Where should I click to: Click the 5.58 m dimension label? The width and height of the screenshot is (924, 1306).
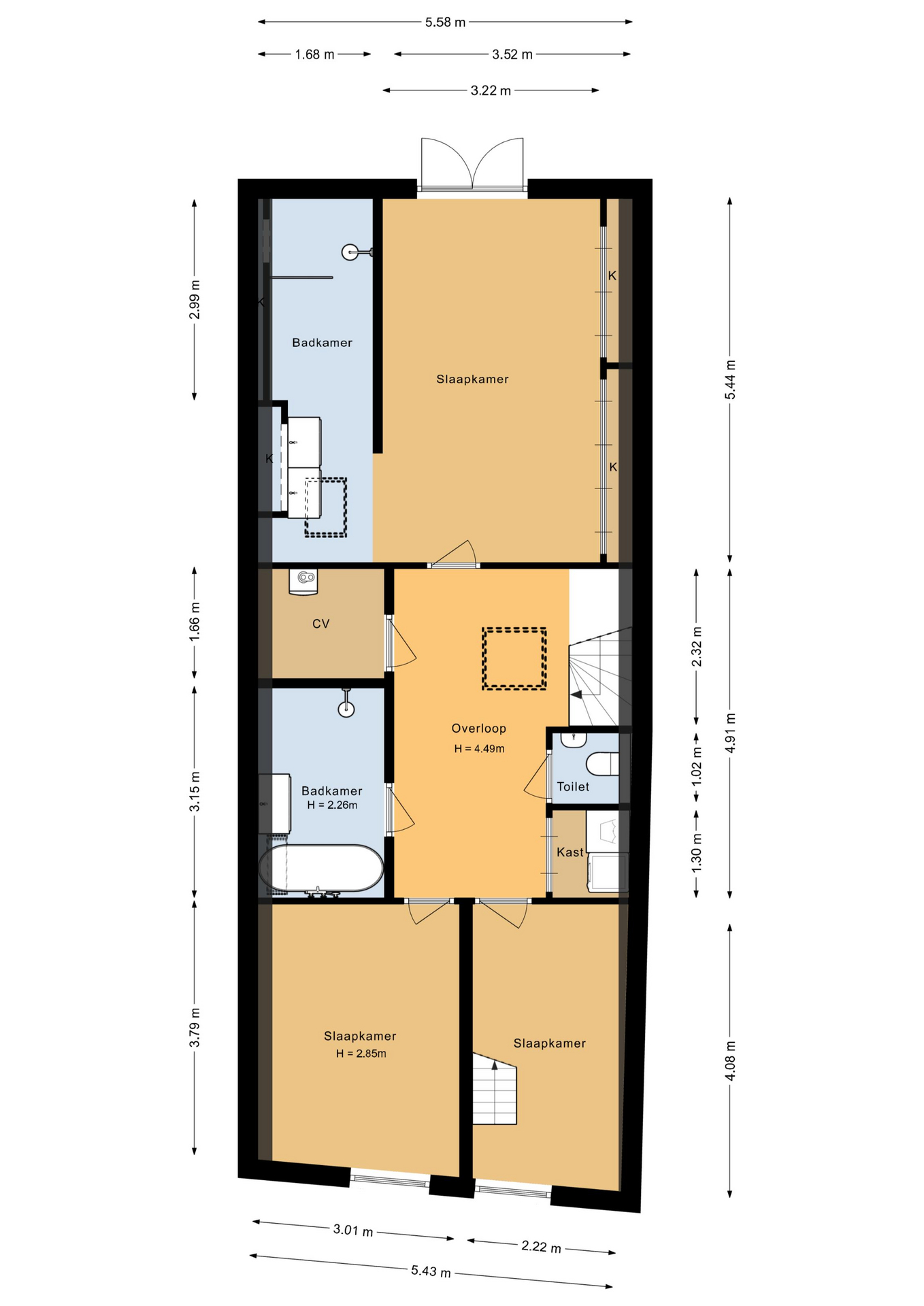click(x=445, y=22)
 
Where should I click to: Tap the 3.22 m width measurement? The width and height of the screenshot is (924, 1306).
click(x=491, y=90)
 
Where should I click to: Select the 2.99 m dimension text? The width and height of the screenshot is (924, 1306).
click(x=195, y=300)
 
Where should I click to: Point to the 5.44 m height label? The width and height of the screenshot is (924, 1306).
click(x=730, y=380)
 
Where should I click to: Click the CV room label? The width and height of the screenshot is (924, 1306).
click(x=321, y=624)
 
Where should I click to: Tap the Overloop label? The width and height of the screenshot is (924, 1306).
click(x=479, y=729)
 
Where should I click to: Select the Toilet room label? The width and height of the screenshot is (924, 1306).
click(x=573, y=786)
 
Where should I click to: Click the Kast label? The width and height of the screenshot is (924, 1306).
click(x=570, y=852)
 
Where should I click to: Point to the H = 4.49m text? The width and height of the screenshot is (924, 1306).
click(x=480, y=749)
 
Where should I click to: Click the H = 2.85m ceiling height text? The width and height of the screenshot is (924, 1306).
click(x=361, y=1054)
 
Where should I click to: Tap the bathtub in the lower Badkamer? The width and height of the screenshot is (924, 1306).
click(x=321, y=868)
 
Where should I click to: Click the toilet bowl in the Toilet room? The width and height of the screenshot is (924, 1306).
click(x=602, y=764)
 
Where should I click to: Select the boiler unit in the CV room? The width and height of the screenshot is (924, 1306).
click(x=303, y=582)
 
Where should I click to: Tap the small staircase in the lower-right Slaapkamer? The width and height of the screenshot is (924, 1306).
click(x=495, y=1090)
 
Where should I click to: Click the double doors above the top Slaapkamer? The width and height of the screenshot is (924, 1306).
click(x=472, y=164)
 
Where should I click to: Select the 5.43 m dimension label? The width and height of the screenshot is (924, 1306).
click(x=431, y=1271)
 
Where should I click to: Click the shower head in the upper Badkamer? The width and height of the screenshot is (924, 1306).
click(x=350, y=252)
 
